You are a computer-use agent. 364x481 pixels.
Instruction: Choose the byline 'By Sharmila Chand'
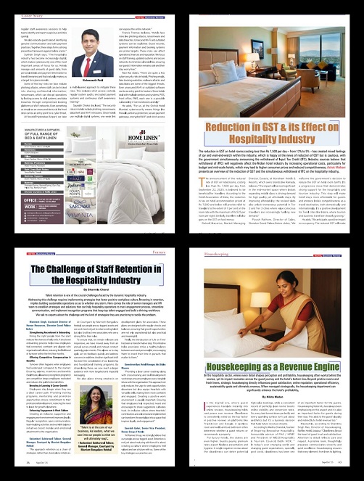click(x=91, y=287)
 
